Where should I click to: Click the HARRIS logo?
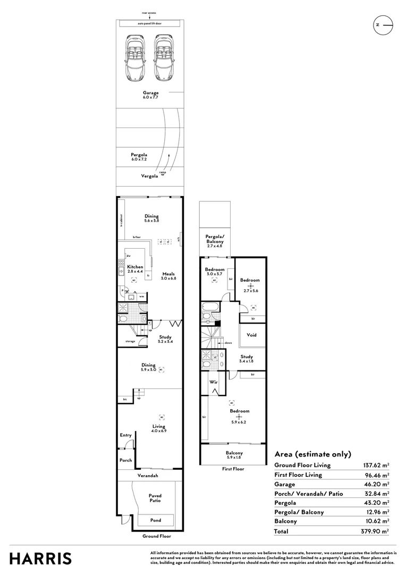click(41, 558)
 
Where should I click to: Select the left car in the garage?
click(135, 57)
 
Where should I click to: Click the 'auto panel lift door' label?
click(149, 24)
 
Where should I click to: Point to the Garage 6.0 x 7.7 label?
click(150, 95)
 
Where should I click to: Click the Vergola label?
click(150, 175)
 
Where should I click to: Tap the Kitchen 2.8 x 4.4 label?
click(135, 269)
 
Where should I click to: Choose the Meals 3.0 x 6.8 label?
click(168, 276)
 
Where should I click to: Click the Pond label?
click(154, 520)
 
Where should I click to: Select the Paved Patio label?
click(155, 498)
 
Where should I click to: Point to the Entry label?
click(125, 435)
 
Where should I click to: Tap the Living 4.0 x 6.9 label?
click(158, 428)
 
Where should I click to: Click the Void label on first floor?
click(252, 335)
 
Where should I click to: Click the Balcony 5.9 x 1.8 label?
click(234, 455)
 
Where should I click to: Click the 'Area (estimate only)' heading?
click(312, 454)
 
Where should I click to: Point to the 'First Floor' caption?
click(233, 469)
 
